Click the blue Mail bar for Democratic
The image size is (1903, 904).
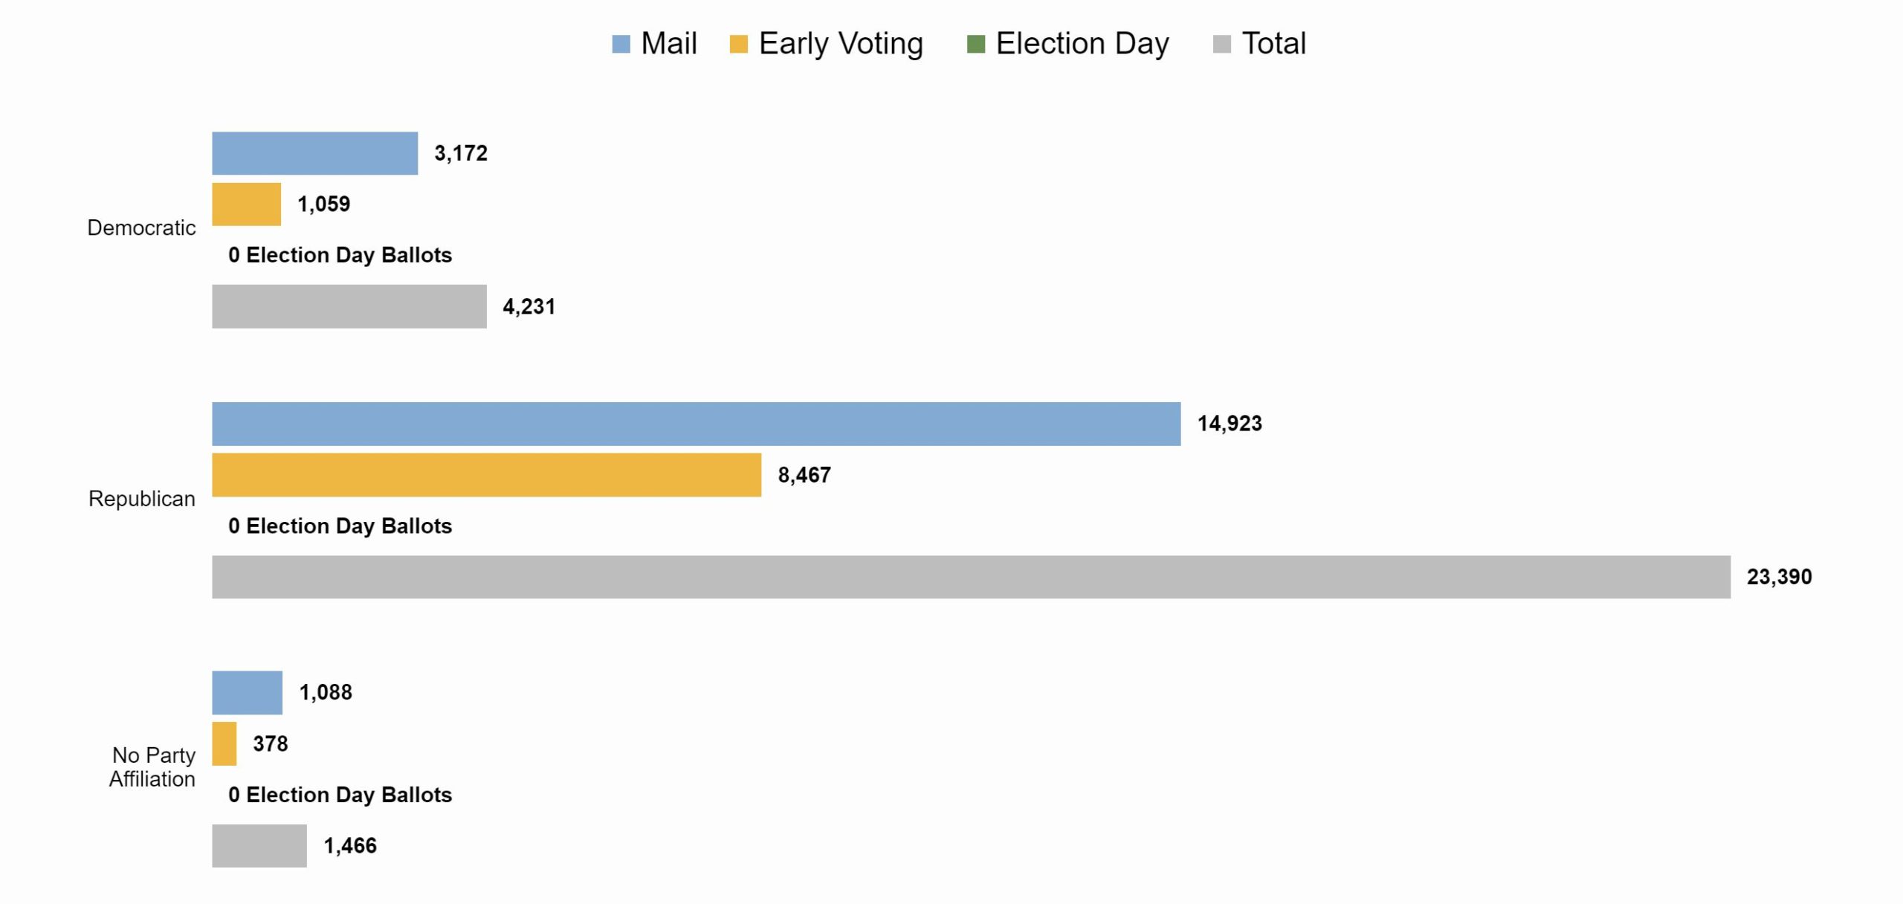click(x=314, y=153)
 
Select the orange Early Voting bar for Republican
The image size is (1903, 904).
click(x=486, y=474)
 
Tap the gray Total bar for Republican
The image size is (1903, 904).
click(x=970, y=576)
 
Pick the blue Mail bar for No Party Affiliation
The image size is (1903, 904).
click(x=247, y=692)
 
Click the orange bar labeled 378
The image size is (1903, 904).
click(x=224, y=743)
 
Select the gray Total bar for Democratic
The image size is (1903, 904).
click(x=349, y=306)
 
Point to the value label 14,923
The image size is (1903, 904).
click(x=1229, y=424)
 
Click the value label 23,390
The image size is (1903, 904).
click(x=1778, y=577)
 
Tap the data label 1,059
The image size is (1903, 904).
click(x=323, y=204)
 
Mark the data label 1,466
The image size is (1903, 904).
click(x=349, y=845)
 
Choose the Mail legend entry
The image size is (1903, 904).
click(x=654, y=43)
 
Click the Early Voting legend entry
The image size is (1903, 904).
click(x=827, y=43)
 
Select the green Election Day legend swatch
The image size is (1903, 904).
click(x=975, y=44)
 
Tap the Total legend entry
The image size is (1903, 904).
click(x=1259, y=43)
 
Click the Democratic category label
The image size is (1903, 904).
click(x=141, y=227)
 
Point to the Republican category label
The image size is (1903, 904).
click(x=141, y=498)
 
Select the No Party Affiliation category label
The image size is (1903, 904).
click(x=152, y=766)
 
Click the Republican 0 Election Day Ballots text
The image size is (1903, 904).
click(x=340, y=526)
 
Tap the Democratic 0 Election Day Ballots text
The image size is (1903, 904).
click(x=340, y=255)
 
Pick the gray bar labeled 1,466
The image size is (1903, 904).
click(x=259, y=845)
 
